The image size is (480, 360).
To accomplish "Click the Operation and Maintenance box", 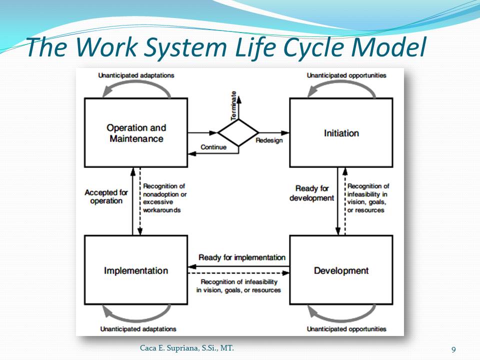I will point(136,133).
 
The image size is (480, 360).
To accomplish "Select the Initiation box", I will point(341,133).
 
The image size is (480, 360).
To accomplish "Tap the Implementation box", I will point(136,270).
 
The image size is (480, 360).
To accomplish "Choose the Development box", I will point(341,270).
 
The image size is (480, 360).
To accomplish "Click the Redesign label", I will point(269,140).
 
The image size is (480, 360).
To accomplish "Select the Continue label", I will point(213,147).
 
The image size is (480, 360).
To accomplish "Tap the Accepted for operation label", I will point(106,196).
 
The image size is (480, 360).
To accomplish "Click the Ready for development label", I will point(311,193).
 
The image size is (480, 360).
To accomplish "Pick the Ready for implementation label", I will point(242,257).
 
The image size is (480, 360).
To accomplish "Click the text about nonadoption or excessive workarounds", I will point(164,198).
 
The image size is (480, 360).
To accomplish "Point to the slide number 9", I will point(453,349).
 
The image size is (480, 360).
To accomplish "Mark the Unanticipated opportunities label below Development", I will point(346,329).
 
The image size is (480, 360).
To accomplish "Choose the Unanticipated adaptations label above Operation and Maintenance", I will point(136,75).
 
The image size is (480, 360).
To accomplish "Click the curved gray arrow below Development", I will point(341,315).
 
